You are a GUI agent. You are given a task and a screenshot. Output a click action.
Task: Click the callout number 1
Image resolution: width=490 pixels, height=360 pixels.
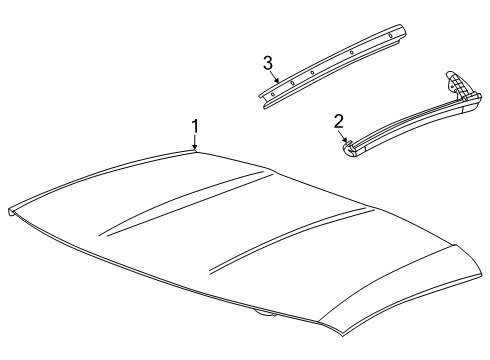pos(195,127)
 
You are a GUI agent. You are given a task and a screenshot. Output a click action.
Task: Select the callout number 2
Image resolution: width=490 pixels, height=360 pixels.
pos(338,122)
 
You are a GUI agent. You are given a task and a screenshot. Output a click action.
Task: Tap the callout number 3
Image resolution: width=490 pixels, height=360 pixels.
pos(268,63)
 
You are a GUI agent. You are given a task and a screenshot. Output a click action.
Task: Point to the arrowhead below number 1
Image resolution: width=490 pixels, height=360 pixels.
pos(195,148)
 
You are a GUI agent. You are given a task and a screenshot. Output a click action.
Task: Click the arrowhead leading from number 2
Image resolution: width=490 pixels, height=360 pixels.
pos(345,139)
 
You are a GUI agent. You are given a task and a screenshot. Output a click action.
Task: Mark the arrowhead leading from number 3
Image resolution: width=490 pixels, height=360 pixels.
pos(277,80)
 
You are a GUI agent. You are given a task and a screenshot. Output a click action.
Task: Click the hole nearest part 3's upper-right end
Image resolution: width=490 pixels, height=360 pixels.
pos(390,35)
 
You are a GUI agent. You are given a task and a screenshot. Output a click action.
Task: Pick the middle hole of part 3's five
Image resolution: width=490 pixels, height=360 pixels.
pos(312,72)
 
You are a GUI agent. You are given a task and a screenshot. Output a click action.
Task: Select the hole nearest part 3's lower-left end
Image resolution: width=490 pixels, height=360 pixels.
pos(273,94)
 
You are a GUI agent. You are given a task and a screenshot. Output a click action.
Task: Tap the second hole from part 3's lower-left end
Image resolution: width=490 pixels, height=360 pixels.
pos(292,83)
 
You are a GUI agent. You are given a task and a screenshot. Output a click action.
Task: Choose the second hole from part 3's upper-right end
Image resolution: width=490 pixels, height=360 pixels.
pos(351,52)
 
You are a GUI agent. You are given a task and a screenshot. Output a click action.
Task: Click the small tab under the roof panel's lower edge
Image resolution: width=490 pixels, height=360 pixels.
pos(265,313)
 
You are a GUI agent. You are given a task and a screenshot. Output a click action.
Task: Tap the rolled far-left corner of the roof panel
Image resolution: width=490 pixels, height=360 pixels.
pos(12,212)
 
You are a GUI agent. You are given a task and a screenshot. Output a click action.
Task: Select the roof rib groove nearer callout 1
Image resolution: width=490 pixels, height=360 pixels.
pos(186,203)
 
